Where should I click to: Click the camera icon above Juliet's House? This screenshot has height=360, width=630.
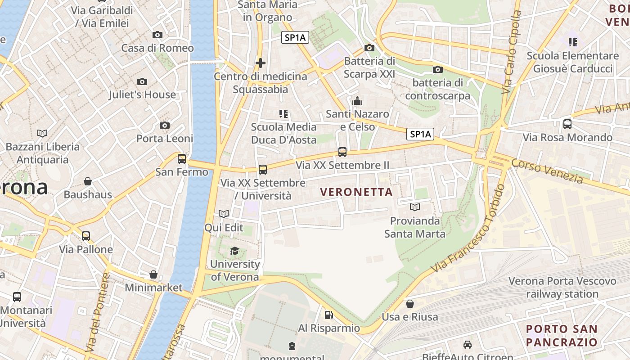142,81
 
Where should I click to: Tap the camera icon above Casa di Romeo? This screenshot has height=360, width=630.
157,35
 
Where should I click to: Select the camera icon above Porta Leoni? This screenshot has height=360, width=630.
165,126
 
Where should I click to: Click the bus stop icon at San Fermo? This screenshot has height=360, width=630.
182,158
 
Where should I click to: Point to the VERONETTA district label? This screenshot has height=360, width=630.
356,192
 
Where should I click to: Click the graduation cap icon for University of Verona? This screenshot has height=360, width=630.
234,251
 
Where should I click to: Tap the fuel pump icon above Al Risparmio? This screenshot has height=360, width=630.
329,315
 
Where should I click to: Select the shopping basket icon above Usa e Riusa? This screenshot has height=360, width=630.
409,304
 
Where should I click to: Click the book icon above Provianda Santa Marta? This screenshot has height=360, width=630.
414,207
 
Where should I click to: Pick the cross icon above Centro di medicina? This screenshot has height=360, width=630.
260,63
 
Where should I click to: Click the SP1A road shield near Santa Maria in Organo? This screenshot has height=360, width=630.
295,38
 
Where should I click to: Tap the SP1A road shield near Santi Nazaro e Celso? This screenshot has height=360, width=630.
420,134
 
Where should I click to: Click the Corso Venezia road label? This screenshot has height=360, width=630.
547,171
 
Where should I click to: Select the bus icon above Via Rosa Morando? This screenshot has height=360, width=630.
567,124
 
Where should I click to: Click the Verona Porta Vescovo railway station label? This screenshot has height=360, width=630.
562,288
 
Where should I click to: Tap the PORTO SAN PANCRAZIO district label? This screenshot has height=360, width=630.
562,335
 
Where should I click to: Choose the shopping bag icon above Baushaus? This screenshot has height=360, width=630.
88,181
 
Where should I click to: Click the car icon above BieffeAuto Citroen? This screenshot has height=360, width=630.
468,345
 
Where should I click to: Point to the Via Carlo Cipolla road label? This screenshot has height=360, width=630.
512,52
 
